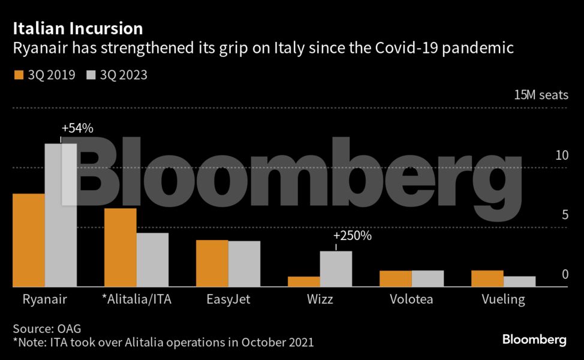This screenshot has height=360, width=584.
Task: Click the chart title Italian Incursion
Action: tap(77, 28)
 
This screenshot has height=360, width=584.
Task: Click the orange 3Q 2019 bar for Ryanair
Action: tap(28, 240)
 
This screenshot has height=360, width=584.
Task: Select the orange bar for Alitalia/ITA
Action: tap(120, 247)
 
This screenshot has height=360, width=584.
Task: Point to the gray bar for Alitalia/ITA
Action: tap(152, 260)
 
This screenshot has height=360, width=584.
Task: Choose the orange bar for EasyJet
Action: tap(212, 263)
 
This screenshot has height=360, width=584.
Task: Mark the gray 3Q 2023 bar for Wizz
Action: tap(336, 269)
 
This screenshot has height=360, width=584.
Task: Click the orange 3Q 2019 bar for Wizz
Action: tap(303, 281)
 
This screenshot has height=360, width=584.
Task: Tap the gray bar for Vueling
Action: tap(519, 281)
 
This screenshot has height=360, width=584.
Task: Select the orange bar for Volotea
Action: tap(396, 278)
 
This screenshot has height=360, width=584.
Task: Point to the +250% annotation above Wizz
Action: tap(353, 236)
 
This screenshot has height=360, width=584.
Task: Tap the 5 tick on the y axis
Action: tap(564, 215)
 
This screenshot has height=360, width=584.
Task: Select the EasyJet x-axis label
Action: tap(228, 299)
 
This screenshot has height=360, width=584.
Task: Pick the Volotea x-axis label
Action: tap(411, 299)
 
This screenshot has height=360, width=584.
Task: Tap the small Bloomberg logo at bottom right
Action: tap(534, 340)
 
